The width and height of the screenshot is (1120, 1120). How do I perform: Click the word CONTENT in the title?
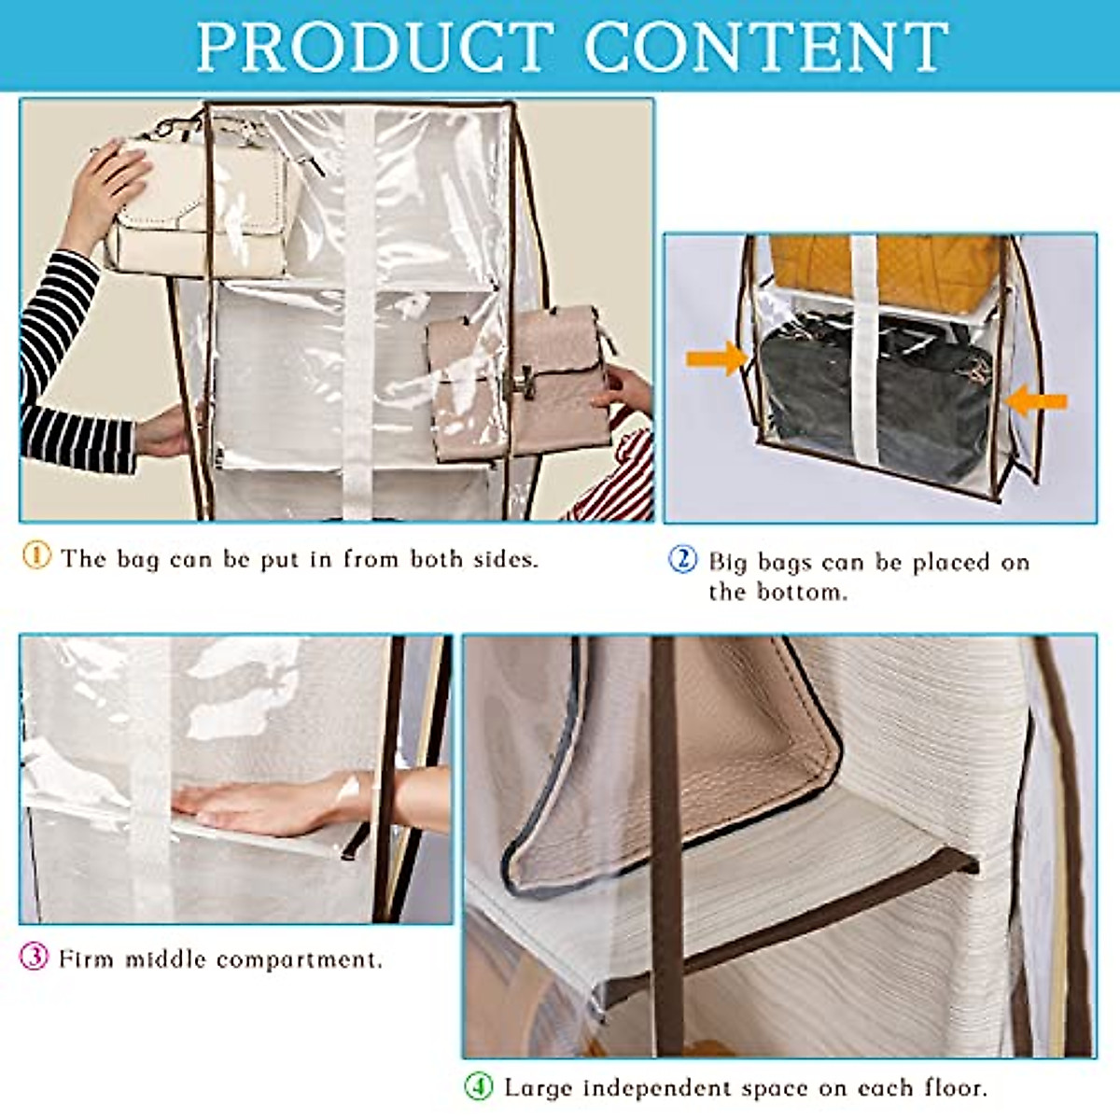point(765,46)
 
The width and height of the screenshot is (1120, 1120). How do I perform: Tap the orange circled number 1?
point(36,555)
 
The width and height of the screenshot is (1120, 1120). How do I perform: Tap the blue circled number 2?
point(683,559)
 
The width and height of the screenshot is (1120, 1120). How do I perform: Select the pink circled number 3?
point(35,957)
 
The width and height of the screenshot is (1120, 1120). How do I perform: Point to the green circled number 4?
point(479,1086)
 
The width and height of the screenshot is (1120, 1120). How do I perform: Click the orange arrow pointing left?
point(1037,401)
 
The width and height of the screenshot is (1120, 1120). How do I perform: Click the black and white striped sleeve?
point(65,364)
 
